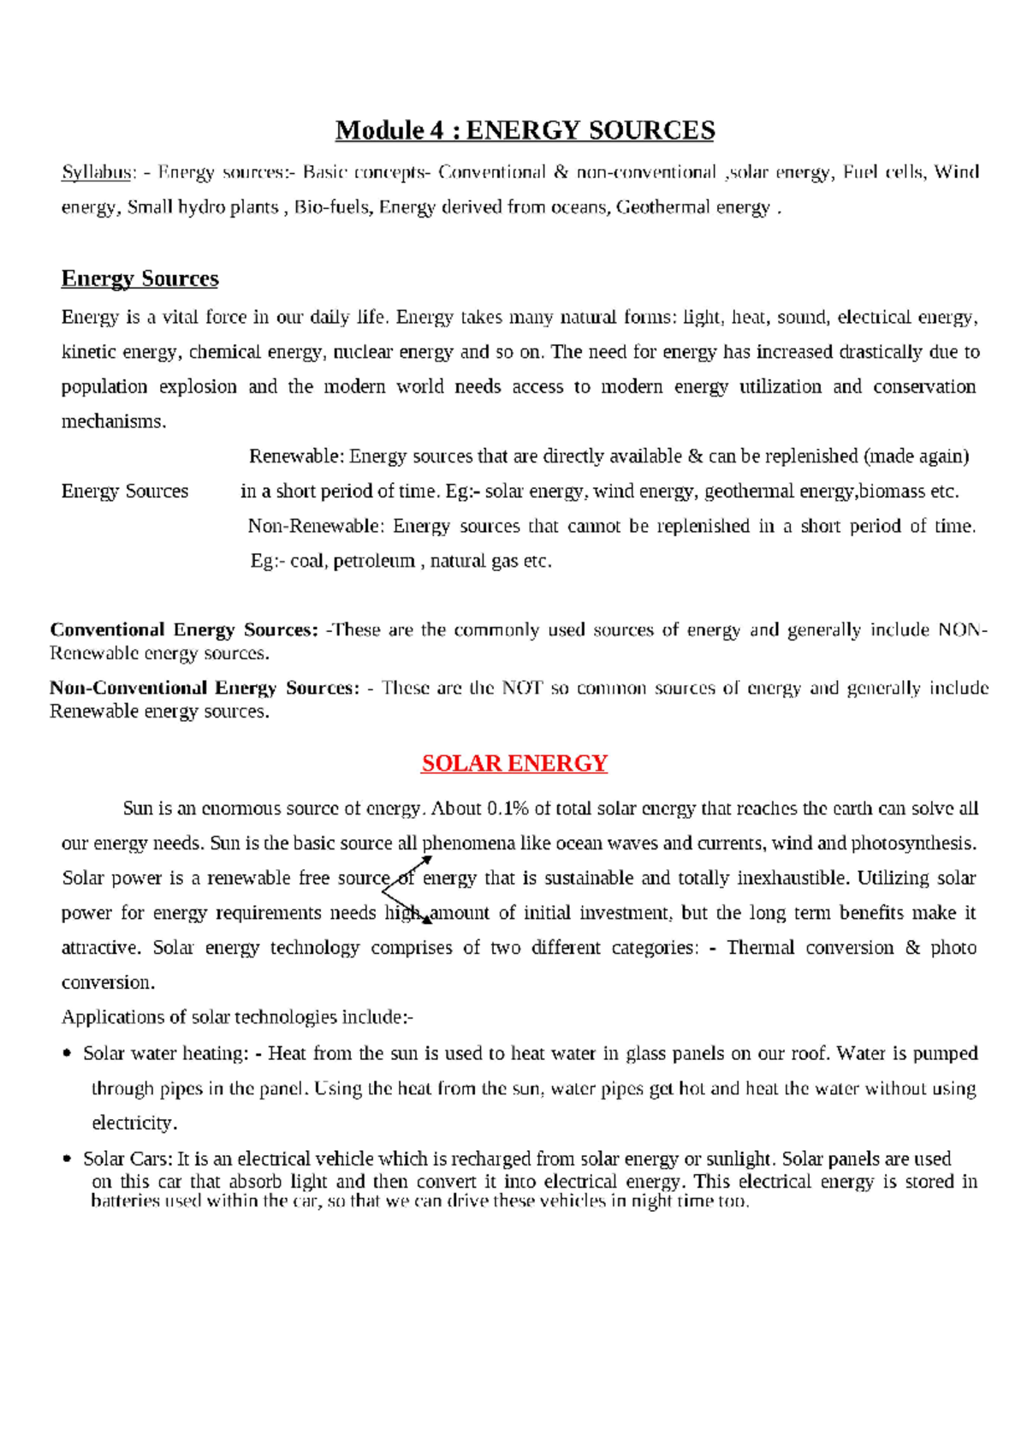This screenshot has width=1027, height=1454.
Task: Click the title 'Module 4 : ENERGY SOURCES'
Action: click(525, 130)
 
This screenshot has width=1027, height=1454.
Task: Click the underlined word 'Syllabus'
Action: click(95, 172)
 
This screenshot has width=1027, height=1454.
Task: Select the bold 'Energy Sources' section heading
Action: click(140, 278)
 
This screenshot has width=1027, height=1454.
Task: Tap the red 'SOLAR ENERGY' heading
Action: click(513, 763)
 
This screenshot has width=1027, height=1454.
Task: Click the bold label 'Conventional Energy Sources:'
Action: click(184, 630)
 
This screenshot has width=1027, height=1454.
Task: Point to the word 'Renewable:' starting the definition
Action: click(295, 456)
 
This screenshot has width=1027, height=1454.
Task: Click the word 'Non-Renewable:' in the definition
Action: click(317, 526)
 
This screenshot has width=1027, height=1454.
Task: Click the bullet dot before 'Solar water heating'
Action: click(68, 1054)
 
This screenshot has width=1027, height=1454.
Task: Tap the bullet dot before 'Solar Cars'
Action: click(68, 1159)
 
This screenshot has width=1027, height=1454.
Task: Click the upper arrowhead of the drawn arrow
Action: click(427, 860)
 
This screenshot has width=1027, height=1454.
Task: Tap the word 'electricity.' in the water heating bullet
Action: click(134, 1123)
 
